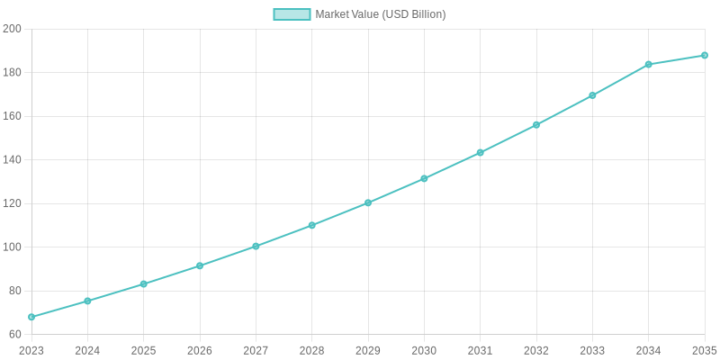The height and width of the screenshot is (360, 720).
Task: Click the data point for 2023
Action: pyautogui.click(x=31, y=317)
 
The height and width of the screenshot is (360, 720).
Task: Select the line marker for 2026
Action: pyautogui.click(x=200, y=265)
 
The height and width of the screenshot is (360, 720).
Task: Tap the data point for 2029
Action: pyautogui.click(x=368, y=202)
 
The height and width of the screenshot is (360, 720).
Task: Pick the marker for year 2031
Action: pyautogui.click(x=481, y=152)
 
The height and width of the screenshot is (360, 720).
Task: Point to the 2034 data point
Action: pyautogui.click(x=649, y=65)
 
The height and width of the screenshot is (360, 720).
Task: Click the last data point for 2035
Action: pyautogui.click(x=705, y=55)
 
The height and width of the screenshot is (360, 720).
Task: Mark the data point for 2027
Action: pyautogui.click(x=256, y=246)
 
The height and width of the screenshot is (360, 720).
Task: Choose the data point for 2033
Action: pyautogui.click(x=592, y=95)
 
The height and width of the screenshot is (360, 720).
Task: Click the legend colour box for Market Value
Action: pyautogui.click(x=292, y=14)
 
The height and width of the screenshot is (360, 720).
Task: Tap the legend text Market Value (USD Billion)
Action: pyautogui.click(x=381, y=14)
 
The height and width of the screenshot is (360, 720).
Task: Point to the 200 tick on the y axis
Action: pyautogui.click(x=12, y=29)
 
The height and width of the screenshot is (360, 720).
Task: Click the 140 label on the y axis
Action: pyautogui.click(x=12, y=160)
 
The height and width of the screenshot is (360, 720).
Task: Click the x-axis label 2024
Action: pyautogui.click(x=87, y=350)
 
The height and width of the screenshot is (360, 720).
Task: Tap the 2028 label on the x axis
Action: pyautogui.click(x=312, y=350)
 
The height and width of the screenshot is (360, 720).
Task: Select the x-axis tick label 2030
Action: pyautogui.click(x=424, y=350)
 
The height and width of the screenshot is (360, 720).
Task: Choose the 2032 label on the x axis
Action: pyautogui.click(x=536, y=350)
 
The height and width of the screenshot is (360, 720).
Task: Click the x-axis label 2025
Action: pyautogui.click(x=144, y=350)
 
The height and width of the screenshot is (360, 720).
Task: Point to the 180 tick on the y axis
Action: pyautogui.click(x=12, y=73)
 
